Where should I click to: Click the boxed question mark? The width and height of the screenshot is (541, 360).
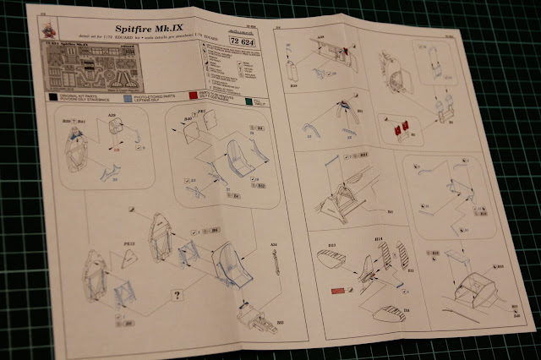click(x=177, y=296)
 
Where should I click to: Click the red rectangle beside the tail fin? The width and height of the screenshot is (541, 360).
click(x=336, y=292)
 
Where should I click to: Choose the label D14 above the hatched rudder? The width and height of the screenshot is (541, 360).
click(x=380, y=242)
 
